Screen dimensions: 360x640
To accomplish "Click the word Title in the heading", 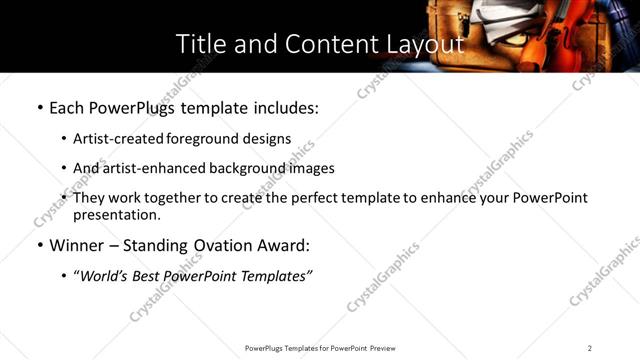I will coord(199,44).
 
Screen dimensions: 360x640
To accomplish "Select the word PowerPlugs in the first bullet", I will coord(129,107).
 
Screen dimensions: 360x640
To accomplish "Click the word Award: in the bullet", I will coord(287,245).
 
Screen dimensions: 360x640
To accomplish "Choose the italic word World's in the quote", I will coord(104,275).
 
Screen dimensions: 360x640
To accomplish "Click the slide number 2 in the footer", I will coord(590,347).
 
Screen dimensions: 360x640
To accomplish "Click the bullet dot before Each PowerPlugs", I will coord(39,107).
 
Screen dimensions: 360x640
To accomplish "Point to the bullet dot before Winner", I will coord(39,245).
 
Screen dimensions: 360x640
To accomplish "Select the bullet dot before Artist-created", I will coord(64,139).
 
